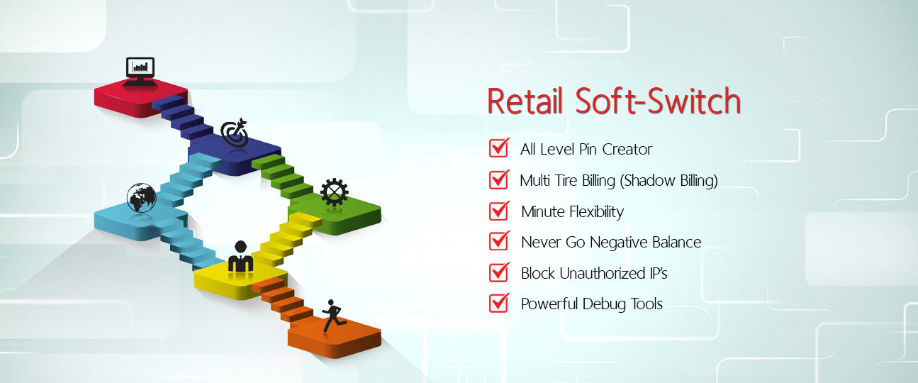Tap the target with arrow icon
pyautogui.click(x=235, y=133)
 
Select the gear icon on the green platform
pyautogui.click(x=335, y=192)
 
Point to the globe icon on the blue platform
pyautogui.click(x=141, y=198)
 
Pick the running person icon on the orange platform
pyautogui.click(x=334, y=316)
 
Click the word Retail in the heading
pyautogui.click(x=525, y=101)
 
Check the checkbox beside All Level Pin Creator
pyautogui.click(x=499, y=148)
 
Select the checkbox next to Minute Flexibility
pyautogui.click(x=499, y=211)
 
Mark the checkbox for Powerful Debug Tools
pyautogui.click(x=499, y=303)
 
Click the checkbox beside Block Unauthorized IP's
pyautogui.click(x=499, y=272)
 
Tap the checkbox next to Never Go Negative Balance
pyautogui.click(x=499, y=240)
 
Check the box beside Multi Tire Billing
pyautogui.click(x=499, y=179)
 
